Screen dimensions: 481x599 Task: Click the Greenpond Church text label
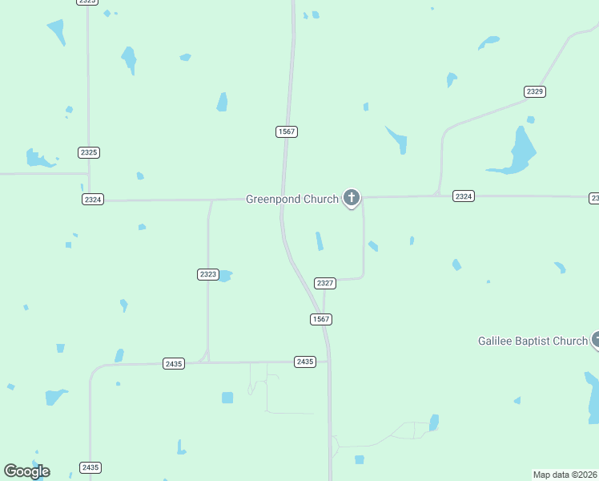[291, 199]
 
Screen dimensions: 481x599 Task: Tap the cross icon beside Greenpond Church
[351, 197]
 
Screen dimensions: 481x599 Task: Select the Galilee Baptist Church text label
[533, 341]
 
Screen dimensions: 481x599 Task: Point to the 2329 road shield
[535, 91]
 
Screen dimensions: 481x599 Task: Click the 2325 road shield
[89, 152]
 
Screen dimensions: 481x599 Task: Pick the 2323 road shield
[207, 274]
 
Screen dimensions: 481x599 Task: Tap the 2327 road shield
[324, 283]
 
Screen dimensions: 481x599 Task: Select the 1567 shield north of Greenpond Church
[287, 131]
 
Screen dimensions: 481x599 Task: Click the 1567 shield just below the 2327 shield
[321, 319]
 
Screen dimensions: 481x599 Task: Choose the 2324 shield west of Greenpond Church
[92, 199]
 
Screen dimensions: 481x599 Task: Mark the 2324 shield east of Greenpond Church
[463, 196]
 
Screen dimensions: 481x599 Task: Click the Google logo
[26, 471]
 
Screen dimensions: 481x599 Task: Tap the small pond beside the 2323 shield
[225, 276]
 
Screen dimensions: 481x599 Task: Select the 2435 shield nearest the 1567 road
[304, 362]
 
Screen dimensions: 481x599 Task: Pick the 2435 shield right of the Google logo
[90, 467]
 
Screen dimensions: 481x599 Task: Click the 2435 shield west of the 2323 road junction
[173, 363]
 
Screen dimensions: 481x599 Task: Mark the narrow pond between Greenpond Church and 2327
[320, 240]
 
